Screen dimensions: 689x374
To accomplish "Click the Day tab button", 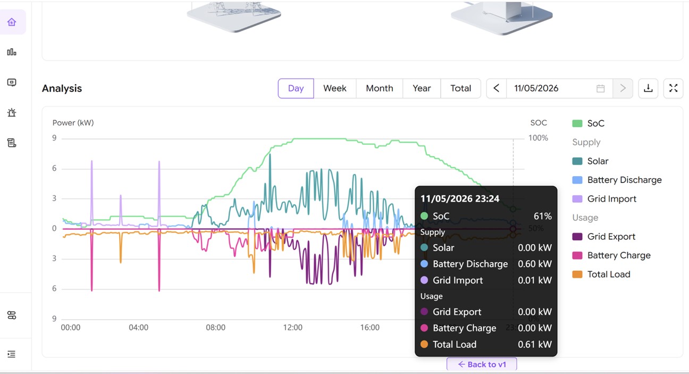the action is pos(296,88).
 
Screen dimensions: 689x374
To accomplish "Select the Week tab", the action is pos(334,88).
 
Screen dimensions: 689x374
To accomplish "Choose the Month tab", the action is pos(379,88).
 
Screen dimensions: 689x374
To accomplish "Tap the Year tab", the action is pos(422,88).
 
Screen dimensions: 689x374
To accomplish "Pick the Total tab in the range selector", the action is pos(460,88).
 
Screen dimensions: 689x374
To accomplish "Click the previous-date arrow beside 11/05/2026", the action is pos(496,88).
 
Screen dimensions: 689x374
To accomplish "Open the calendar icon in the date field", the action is pos(600,88).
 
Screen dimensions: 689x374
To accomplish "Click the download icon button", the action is pos(648,88).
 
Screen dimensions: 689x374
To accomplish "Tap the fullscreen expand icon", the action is pos(673,88).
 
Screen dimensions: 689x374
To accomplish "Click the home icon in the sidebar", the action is pos(12,22).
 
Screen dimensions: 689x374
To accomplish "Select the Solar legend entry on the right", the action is pos(590,161).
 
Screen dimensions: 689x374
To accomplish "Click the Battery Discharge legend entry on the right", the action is pos(617,180).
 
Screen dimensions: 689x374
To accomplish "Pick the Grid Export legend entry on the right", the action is pos(603,236).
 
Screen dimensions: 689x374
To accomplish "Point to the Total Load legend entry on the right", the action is pos(601,275).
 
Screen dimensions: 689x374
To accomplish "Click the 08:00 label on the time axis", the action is pos(216,328).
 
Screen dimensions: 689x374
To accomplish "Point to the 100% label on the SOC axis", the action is pos(538,138).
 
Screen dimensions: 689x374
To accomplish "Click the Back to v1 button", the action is pos(482,364).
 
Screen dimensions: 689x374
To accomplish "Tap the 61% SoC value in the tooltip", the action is pos(543,216).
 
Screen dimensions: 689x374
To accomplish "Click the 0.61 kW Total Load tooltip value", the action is pos(535,344).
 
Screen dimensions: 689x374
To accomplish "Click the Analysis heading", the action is pos(62,88).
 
